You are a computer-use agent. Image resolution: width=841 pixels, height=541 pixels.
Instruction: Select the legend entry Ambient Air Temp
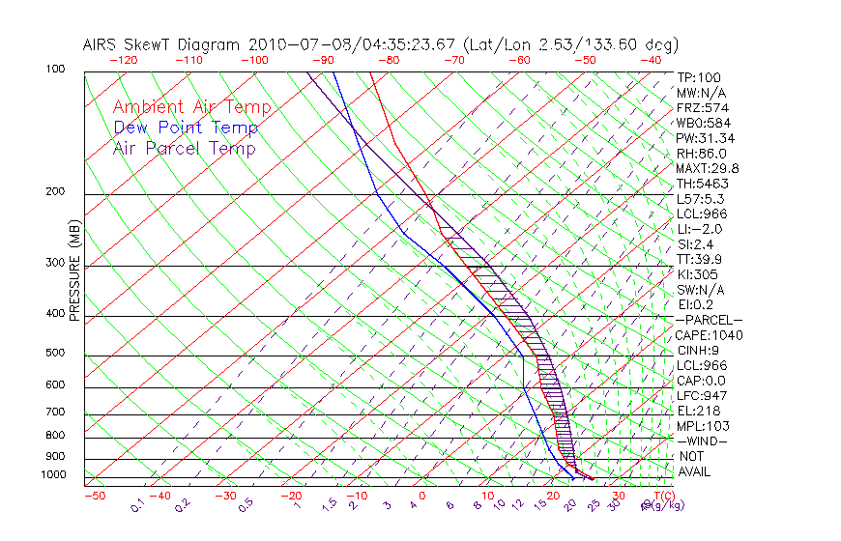(192, 108)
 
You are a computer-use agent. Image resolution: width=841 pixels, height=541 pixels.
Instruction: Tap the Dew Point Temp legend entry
(186, 128)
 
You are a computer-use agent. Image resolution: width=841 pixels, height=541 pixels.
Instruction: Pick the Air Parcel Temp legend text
(185, 149)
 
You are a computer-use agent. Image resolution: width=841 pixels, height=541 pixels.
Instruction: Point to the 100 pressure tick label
(55, 70)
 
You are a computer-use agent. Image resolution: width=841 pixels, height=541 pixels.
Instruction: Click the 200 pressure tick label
(55, 192)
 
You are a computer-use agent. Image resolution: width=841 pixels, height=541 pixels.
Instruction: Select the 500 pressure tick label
(55, 354)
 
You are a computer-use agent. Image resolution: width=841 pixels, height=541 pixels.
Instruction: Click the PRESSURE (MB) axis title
(74, 270)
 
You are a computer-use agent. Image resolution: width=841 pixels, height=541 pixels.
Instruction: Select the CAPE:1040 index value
(707, 335)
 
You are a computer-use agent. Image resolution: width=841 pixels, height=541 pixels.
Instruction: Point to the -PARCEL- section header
(710, 320)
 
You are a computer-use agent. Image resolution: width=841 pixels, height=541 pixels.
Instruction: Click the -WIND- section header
(703, 441)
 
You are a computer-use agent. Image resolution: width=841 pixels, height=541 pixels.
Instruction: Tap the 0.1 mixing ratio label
(138, 505)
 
